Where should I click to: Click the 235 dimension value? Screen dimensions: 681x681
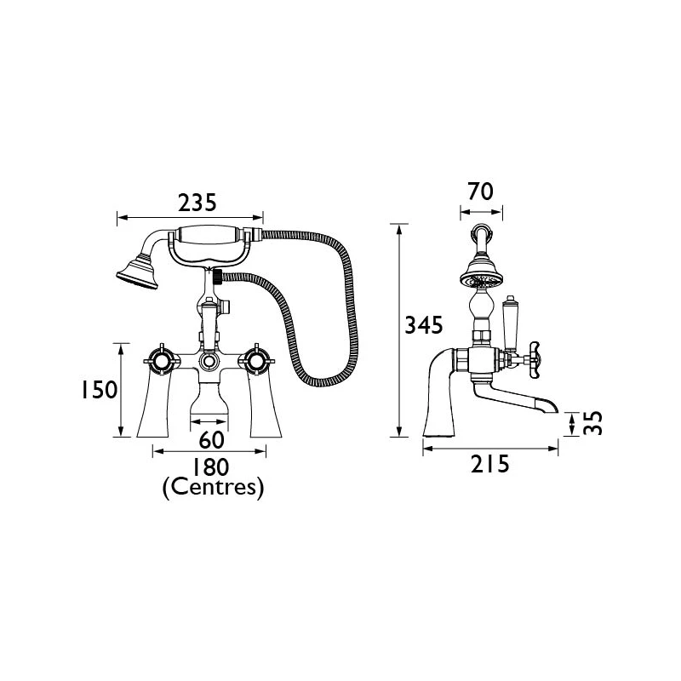pos(197,203)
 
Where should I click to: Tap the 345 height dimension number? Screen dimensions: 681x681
pos(423,325)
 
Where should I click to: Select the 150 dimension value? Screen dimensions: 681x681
pos(98,390)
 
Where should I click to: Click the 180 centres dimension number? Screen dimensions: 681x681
pos(209,467)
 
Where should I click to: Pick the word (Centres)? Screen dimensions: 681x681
pos(212,488)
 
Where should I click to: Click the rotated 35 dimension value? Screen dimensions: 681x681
pos(595,423)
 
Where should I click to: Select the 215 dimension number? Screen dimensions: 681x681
pos(489,464)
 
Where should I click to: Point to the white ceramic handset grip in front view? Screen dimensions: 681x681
pos(211,238)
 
